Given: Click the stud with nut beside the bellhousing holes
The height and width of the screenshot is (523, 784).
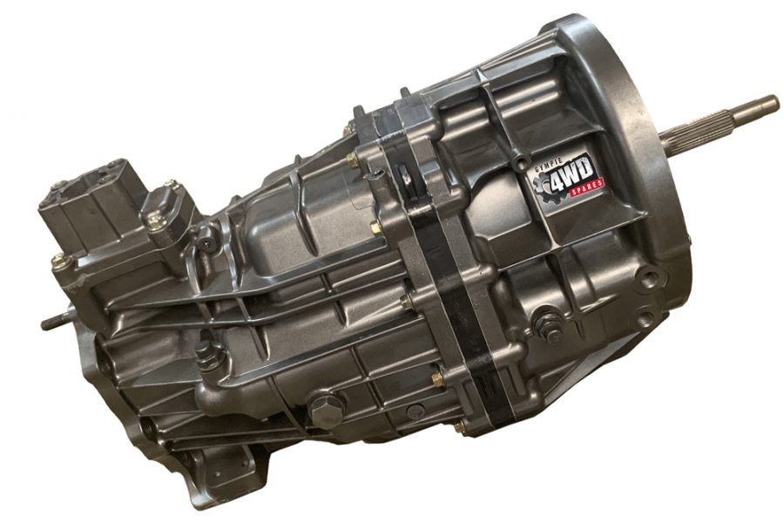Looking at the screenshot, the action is [549, 328].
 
